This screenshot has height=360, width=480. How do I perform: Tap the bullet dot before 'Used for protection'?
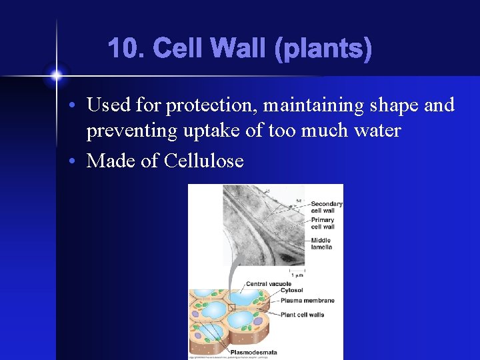point(77,106)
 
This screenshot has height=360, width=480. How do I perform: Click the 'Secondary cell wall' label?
point(327,207)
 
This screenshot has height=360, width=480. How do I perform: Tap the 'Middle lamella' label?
point(322,244)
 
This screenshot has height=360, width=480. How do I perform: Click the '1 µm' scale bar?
point(297,273)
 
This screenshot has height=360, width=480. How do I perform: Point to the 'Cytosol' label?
point(291,291)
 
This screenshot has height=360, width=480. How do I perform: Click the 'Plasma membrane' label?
point(307,301)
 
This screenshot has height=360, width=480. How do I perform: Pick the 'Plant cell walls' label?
point(303,315)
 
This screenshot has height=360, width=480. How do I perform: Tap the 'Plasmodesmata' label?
point(253,352)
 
